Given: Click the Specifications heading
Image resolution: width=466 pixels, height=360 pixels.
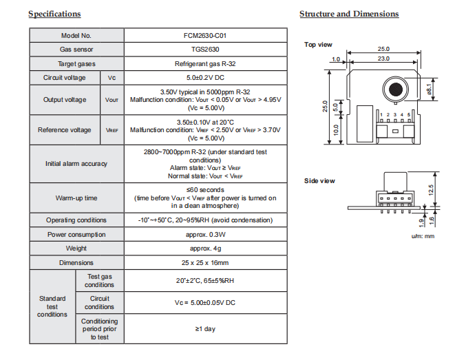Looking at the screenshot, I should tap(54, 14).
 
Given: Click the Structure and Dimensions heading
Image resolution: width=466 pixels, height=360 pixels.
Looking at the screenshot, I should tap(349, 14).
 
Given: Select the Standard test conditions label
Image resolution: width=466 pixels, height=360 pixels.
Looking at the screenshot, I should tap(52, 306).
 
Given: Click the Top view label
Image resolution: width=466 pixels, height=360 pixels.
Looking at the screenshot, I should tap(319, 45).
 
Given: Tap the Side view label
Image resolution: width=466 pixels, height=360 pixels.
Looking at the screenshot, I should tap(319, 181).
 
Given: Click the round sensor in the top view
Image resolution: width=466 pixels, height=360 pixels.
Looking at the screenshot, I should tap(394, 89).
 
